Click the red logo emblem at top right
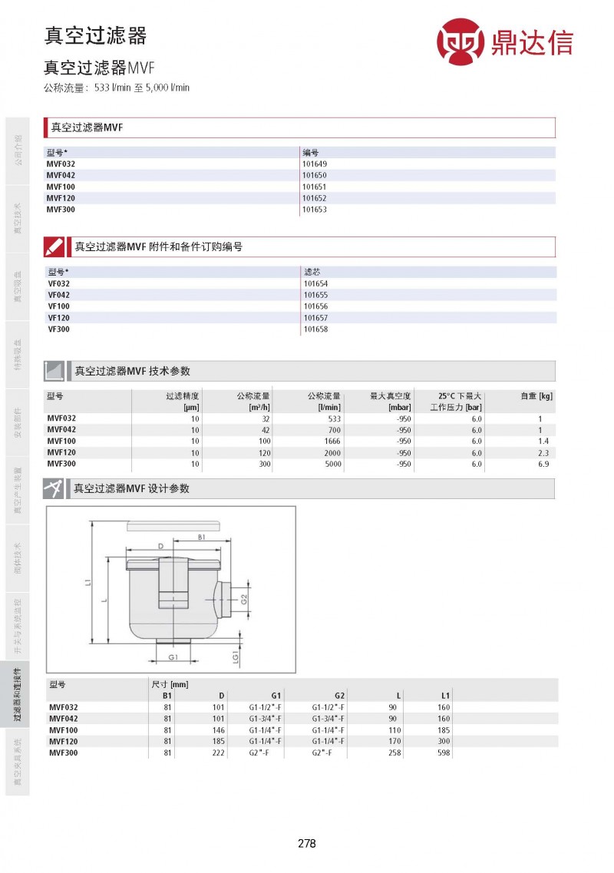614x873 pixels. point(461,41)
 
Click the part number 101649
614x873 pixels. point(315,164)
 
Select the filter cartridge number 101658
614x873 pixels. point(315,329)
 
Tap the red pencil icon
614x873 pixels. point(54,246)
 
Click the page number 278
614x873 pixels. point(306,843)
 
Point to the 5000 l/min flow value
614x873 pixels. point(332,464)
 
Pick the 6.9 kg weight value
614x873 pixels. point(543,464)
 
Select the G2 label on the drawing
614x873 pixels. point(244,598)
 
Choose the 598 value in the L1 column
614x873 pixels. point(444,753)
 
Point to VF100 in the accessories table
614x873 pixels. point(58,306)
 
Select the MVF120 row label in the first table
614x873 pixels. point(61,198)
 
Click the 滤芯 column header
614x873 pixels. point(312,272)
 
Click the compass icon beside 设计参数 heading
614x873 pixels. point(54,489)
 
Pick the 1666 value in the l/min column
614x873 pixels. point(332,441)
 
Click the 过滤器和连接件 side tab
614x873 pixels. point(17,695)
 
